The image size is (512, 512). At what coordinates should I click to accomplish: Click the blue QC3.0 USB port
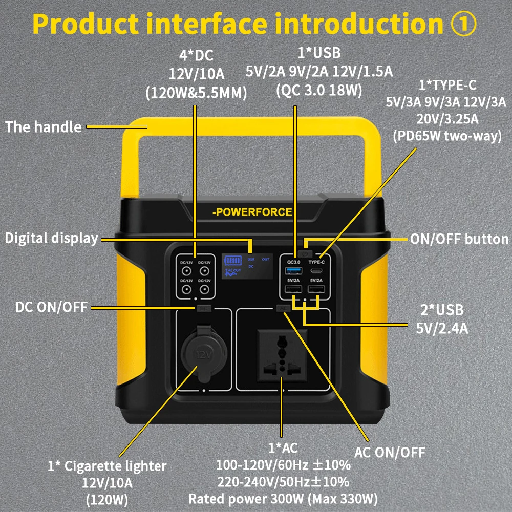coord(293,270)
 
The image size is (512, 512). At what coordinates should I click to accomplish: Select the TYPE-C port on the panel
coord(316,270)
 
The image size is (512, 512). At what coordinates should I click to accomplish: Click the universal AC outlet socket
coord(281,354)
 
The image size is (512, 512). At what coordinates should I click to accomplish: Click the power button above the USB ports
coord(305,253)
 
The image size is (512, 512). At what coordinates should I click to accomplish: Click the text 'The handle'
coord(43,126)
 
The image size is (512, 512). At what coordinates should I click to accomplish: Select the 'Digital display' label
coord(51,238)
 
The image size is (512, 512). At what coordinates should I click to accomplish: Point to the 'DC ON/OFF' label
coord(51,307)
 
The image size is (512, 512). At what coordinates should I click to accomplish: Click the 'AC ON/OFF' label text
coord(390,452)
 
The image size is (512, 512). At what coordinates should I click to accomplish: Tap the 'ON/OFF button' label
coord(459,239)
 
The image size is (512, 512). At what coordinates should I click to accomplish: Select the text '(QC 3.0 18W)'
coord(318,90)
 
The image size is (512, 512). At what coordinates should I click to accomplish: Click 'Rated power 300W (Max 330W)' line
coord(283,498)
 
